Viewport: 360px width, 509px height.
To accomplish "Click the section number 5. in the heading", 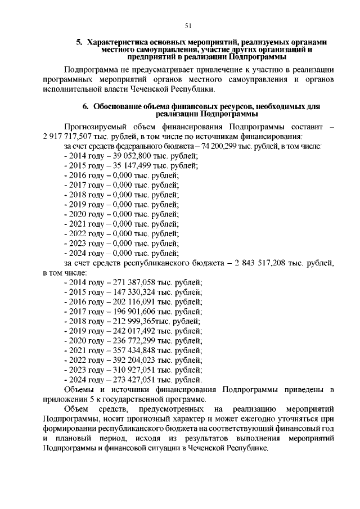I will pos(79,42).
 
